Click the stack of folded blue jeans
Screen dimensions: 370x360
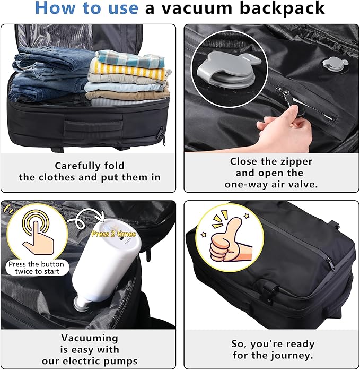48,74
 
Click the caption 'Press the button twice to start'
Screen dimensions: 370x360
36,268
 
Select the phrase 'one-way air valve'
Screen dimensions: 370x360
271,185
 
